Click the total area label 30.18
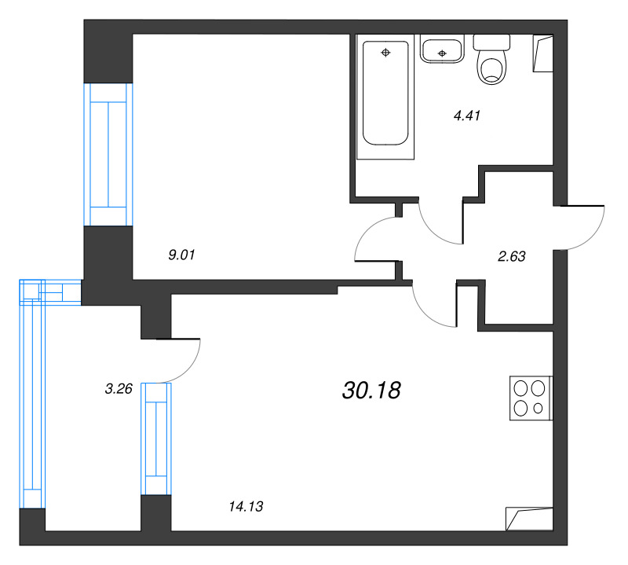[371, 391]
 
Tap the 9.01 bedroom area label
[181, 255]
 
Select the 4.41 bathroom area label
[466, 116]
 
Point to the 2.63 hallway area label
[512, 256]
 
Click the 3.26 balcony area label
[119, 388]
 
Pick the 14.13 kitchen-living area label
[246, 506]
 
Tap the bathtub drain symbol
[385, 52]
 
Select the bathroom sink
[442, 50]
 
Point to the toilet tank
[491, 42]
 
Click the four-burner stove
[531, 398]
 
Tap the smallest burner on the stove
[539, 409]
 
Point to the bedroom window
[108, 154]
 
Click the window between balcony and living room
[156, 438]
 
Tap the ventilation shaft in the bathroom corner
[542, 53]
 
